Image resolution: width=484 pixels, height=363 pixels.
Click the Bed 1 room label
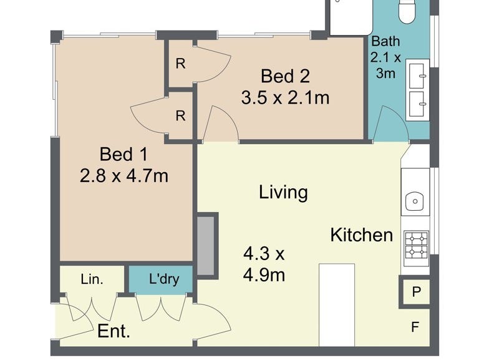tap(123, 154)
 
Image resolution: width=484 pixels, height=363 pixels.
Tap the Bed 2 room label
tap(285, 76)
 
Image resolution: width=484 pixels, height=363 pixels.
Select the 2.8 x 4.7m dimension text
tap(124, 176)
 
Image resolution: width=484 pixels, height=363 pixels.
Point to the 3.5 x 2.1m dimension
tap(285, 97)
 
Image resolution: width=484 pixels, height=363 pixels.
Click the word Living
tap(283, 192)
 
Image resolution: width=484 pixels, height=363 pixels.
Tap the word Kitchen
tap(362, 235)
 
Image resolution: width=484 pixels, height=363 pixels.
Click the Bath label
tap(385, 41)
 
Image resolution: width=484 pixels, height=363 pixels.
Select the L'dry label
tap(164, 279)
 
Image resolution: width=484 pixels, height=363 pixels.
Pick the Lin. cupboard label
tap(92, 279)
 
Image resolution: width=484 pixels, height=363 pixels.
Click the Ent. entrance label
tap(114, 331)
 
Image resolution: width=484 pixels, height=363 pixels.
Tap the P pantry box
tap(417, 292)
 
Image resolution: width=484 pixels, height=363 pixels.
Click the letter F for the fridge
tap(415, 327)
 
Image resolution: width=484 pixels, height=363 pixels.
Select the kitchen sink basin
tap(415, 201)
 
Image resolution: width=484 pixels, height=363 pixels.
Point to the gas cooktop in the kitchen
tap(417, 244)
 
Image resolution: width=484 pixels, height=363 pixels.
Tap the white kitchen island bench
tap(337, 305)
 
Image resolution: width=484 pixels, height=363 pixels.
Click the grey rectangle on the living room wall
tap(206, 246)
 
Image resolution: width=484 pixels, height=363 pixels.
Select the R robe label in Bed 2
tap(181, 64)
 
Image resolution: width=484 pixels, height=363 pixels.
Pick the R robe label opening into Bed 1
tap(181, 116)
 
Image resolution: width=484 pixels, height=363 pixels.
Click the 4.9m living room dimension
tap(264, 275)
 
